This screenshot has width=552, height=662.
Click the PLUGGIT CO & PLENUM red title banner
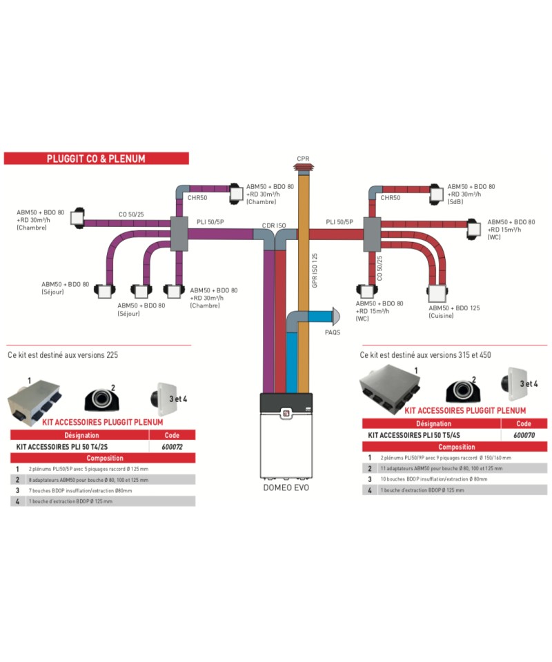click(96, 159)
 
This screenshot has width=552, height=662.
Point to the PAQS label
click(333, 332)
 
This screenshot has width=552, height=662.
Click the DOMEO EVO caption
click(286, 488)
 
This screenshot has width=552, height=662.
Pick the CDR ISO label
click(273, 225)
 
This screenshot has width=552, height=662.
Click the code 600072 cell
click(172, 446)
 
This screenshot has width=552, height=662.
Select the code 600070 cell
click(524, 435)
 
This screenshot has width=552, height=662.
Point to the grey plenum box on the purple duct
click(178, 228)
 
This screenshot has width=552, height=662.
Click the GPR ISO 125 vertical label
click(315, 270)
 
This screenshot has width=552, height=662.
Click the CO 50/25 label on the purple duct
click(131, 214)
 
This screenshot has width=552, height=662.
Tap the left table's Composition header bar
click(103, 458)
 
